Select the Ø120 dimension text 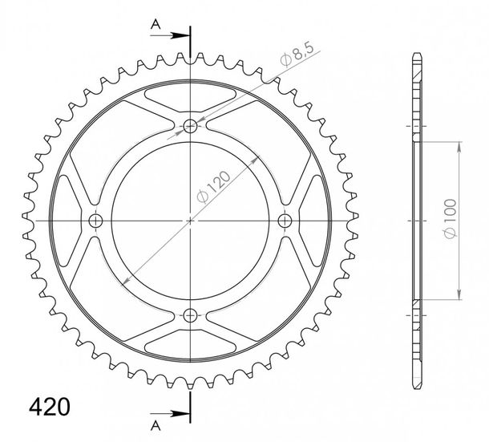pos(214,186)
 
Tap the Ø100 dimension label pos(451,218)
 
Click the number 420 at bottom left pos(49,407)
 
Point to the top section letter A pos(156,24)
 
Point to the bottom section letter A pos(156,425)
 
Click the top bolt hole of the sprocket pos(190,127)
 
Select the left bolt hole pos(95,221)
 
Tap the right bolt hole pos(285,221)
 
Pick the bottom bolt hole pos(190,315)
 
